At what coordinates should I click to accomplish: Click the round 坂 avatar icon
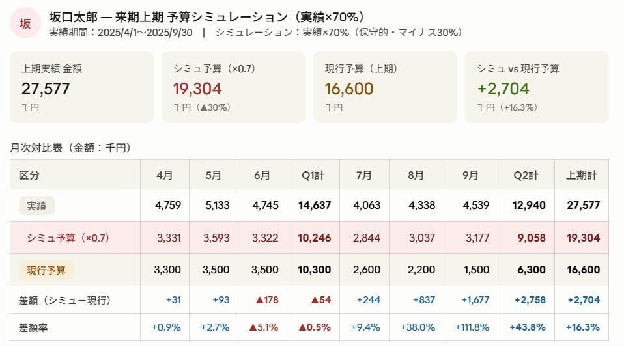25,24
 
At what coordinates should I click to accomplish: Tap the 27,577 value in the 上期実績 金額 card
46,89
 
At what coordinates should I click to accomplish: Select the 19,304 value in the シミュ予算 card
197,89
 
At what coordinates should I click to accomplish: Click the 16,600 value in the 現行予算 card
348,89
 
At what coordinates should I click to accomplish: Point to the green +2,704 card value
503,89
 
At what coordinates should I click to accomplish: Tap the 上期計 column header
582,175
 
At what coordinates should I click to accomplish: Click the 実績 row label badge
36,206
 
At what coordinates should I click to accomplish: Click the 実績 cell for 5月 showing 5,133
217,206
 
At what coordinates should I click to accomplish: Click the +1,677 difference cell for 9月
473,300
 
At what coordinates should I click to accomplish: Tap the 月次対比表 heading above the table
71,148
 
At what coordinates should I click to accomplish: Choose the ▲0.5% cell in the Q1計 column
315,327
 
